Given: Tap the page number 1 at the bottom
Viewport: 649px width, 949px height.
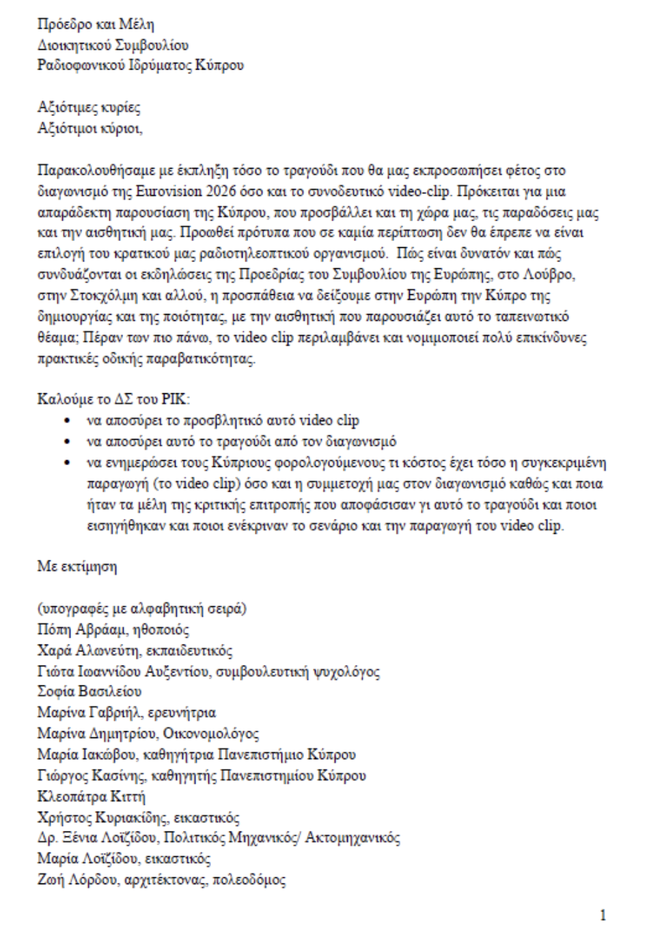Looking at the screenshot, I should pyautogui.click(x=602, y=916).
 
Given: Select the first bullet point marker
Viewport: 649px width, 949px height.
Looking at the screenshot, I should pyautogui.click(x=66, y=420).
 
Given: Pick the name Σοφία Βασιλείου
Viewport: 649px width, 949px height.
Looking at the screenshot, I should pyautogui.click(x=89, y=692).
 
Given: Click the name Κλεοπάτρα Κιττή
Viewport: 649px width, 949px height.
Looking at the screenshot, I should pyautogui.click(x=91, y=797).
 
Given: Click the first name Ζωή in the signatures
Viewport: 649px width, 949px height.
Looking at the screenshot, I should pyautogui.click(x=49, y=880).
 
